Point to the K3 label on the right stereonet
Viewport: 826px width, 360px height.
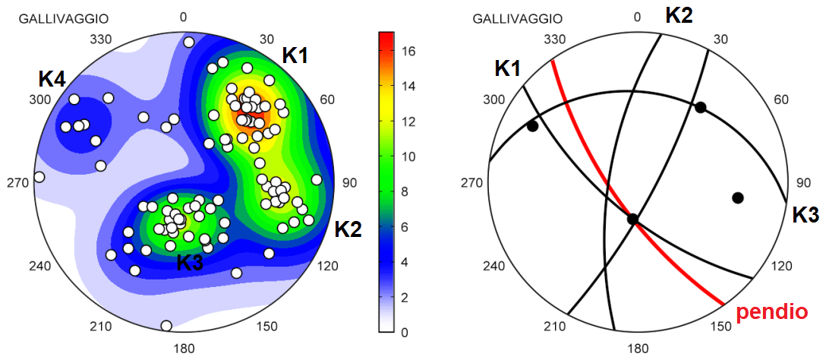[806, 214]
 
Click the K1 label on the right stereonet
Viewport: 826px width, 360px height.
[509, 68]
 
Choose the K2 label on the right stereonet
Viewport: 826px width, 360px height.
[679, 14]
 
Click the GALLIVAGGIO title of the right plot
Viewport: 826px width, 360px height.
[519, 17]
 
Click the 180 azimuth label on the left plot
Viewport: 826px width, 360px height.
[184, 349]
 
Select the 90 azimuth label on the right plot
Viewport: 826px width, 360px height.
[797, 183]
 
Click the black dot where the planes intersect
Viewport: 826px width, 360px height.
[632, 219]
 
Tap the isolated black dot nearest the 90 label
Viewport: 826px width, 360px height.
[737, 197]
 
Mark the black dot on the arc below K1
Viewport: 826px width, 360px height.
[533, 126]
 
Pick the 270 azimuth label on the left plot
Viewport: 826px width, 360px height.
[17, 183]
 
